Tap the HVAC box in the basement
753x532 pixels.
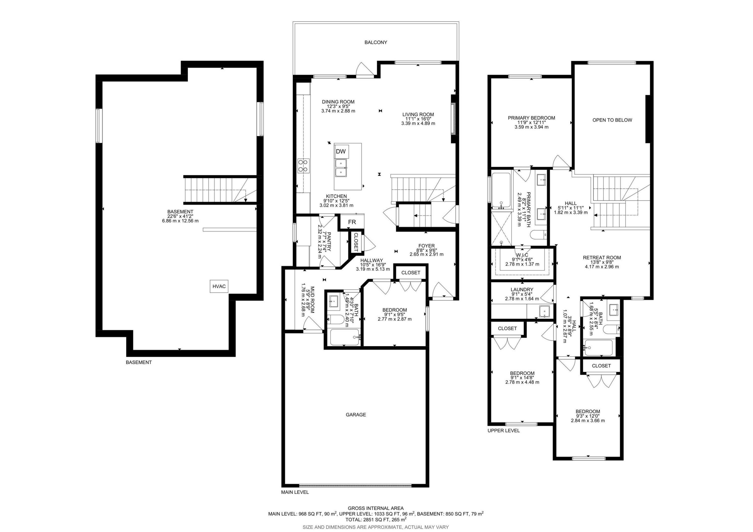[x=219, y=286]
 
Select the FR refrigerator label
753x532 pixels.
[x=352, y=222]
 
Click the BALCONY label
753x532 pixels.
[x=376, y=42]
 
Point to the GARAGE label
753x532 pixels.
[x=356, y=415]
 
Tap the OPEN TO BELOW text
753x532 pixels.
[x=612, y=120]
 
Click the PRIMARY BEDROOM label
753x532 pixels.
[x=531, y=118]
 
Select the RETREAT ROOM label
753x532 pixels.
[x=602, y=258]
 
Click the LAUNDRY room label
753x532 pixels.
[x=522, y=290]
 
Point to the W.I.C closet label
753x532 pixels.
[x=522, y=255]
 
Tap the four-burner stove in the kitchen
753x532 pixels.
[x=303, y=166]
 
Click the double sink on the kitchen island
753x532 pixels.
[x=341, y=168]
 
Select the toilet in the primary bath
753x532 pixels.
[x=538, y=234]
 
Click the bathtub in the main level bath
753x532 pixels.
[x=345, y=337]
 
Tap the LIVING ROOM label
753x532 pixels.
[x=418, y=114]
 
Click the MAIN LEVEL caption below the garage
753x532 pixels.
[x=295, y=492]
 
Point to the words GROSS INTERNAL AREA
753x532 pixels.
[x=376, y=508]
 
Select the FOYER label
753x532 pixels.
[x=426, y=246]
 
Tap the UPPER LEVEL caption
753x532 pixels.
[x=504, y=431]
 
